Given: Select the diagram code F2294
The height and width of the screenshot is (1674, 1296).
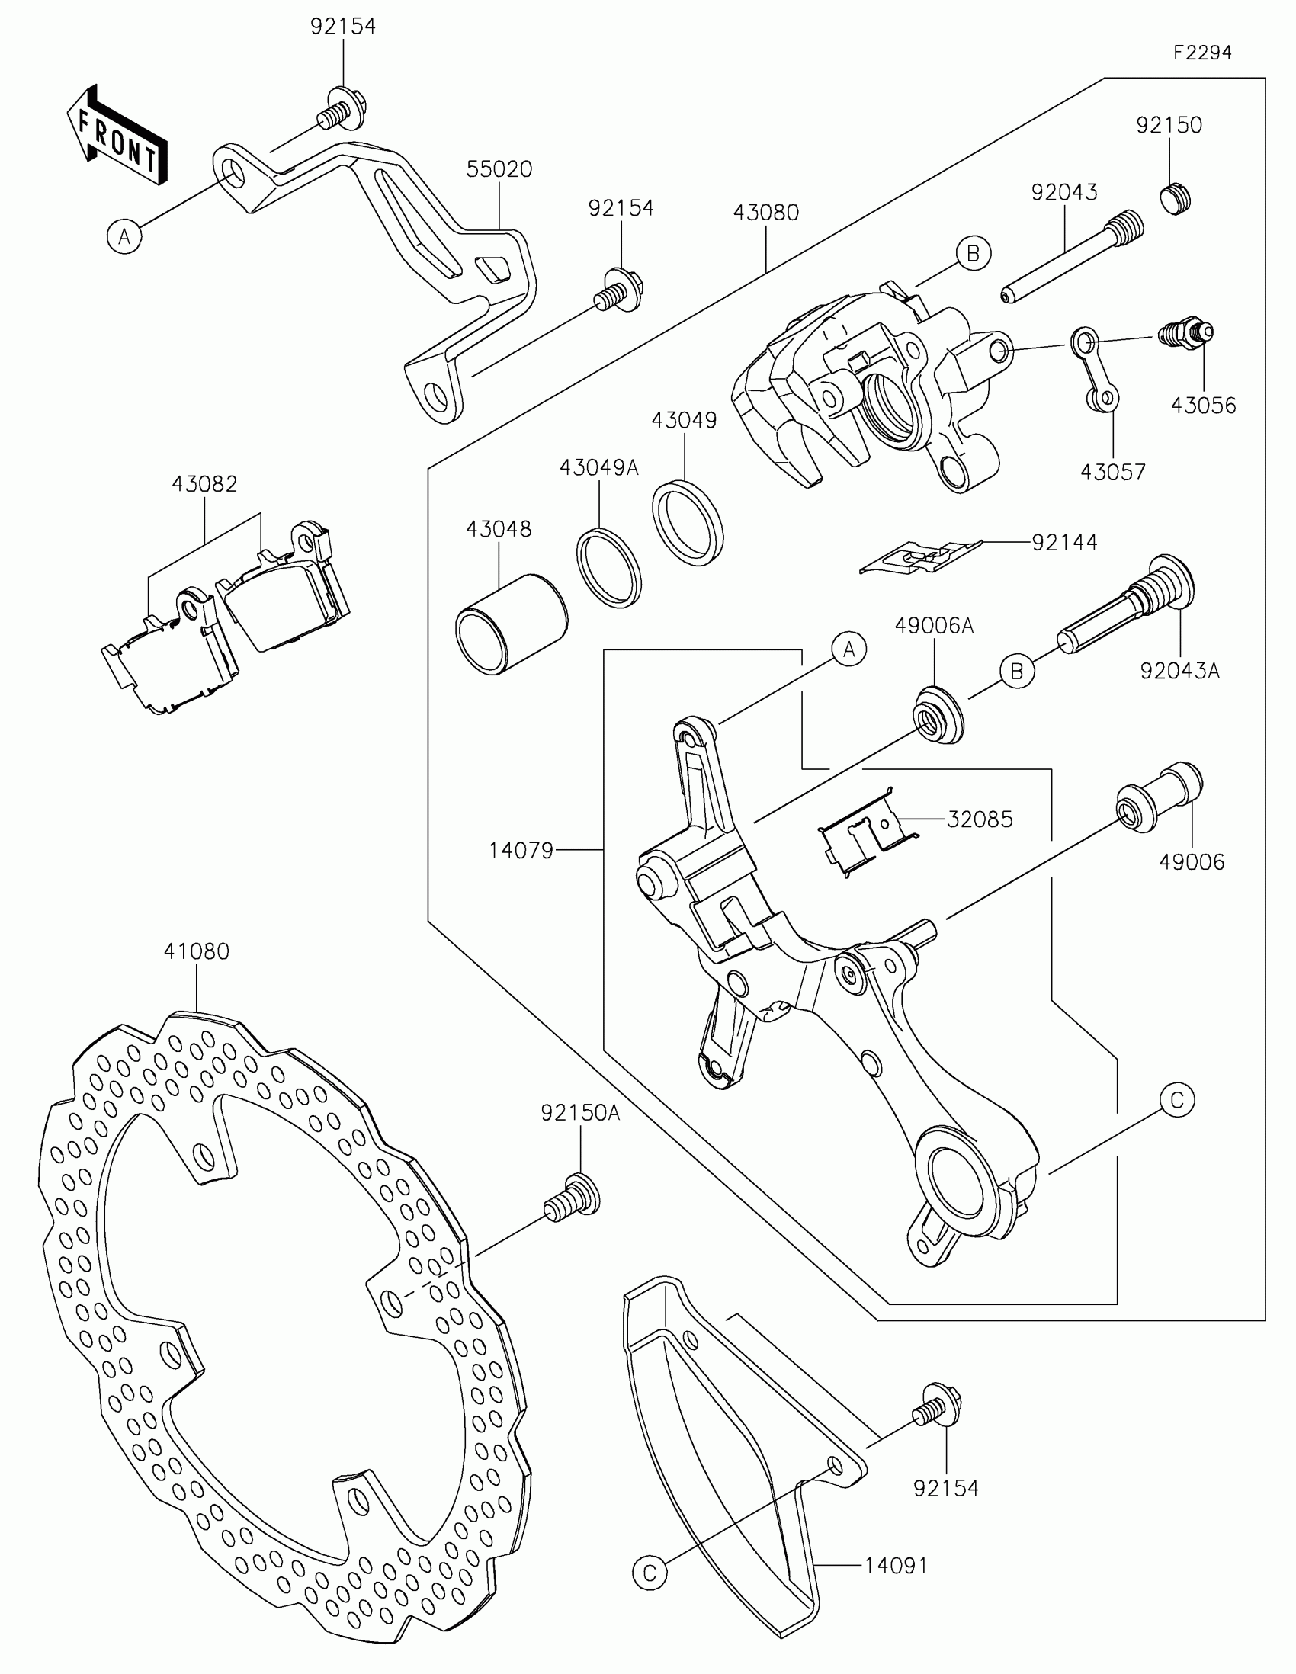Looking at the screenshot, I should point(1201,52).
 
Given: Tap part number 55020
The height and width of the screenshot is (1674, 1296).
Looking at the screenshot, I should point(499,168).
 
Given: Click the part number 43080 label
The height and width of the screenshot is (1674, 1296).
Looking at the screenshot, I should point(765,213).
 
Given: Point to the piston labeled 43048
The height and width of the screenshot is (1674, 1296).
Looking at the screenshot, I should point(512,625).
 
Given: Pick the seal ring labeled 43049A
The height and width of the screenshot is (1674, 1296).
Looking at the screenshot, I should point(608,568).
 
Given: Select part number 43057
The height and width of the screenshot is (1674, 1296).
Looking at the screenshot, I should point(1112,472).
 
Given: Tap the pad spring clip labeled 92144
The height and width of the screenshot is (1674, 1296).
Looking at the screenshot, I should point(919,556).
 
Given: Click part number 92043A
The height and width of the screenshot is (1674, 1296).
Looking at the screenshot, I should point(1179,671).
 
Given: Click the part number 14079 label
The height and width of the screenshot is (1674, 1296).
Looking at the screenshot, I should point(521,850).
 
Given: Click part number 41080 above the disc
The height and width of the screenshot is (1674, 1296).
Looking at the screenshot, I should point(196,951).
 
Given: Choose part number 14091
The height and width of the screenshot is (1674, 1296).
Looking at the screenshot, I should point(896,1566).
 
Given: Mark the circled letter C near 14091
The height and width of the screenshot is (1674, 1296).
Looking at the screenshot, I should point(650,1573).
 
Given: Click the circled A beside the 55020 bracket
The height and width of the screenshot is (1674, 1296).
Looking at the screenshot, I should point(124,236).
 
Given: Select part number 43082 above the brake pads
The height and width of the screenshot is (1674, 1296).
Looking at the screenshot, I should point(204,483).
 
